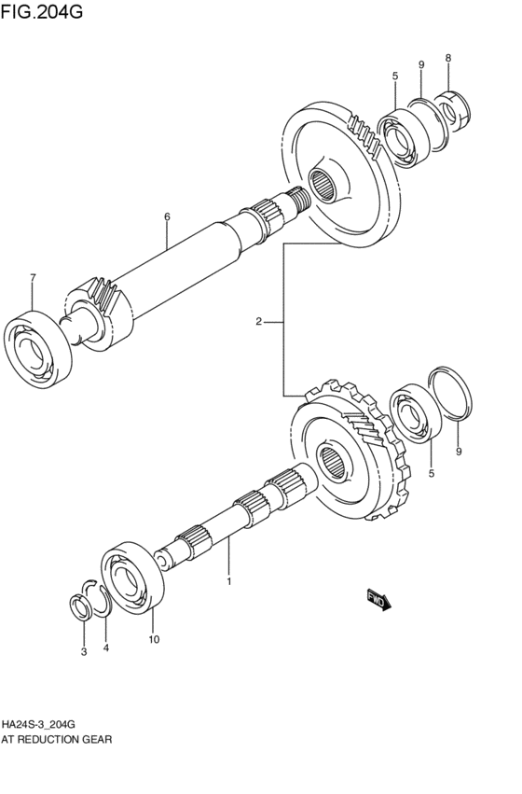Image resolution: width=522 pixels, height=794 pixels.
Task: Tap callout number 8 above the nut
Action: coord(447,59)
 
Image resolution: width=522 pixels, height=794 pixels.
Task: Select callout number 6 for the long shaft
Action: coord(167,217)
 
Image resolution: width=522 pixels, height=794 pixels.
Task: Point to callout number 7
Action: coord(33,277)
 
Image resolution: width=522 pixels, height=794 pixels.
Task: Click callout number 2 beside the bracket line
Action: coord(258,322)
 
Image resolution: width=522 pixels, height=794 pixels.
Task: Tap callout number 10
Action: coord(154,639)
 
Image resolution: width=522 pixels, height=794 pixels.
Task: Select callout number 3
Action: coord(83,651)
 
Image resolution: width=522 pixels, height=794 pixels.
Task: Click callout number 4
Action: coord(105,648)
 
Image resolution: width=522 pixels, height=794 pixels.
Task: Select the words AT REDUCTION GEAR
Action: coord(57,740)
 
